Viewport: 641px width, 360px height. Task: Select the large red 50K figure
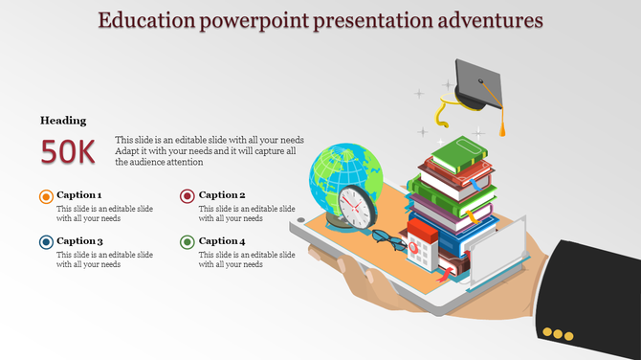point(68,151)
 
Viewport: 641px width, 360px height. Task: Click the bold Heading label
point(63,121)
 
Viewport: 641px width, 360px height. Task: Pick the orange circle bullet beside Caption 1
point(46,196)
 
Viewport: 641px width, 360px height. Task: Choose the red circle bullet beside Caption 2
point(188,196)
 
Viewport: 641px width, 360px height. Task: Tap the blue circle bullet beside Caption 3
point(46,242)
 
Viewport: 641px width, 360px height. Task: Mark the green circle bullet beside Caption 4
point(188,242)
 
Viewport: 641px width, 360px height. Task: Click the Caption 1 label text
point(79,195)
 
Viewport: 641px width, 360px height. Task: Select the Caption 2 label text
point(222,195)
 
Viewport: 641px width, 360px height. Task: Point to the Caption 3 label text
point(79,241)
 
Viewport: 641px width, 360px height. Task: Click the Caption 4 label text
point(222,241)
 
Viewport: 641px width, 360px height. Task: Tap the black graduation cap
point(475,84)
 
